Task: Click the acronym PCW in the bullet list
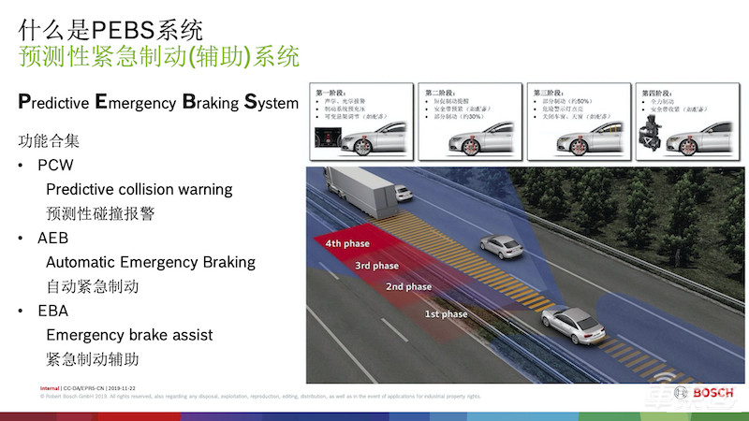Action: (x=56, y=166)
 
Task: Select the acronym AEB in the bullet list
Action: (x=54, y=238)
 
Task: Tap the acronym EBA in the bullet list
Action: (x=53, y=311)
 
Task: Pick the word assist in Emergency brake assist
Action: (x=192, y=335)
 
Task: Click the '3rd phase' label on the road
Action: (x=376, y=266)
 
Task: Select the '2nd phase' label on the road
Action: (x=408, y=286)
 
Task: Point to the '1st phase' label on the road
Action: (x=446, y=314)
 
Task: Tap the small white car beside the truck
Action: (x=403, y=193)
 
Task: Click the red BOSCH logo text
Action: (x=713, y=393)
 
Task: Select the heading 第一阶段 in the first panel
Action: (x=335, y=93)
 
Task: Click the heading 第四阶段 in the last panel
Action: (x=656, y=93)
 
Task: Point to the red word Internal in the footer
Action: (x=50, y=386)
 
